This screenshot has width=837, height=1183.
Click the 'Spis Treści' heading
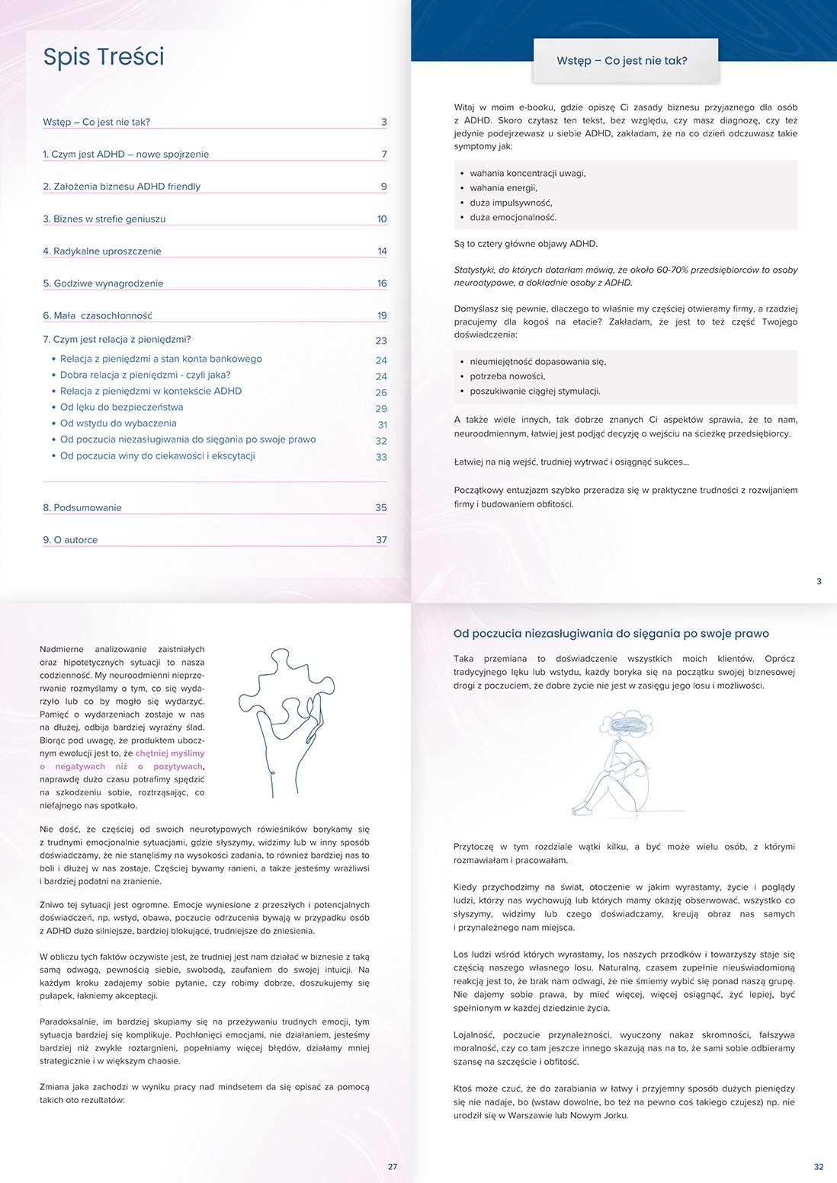point(104,57)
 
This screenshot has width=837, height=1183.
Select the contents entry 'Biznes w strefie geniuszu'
point(104,219)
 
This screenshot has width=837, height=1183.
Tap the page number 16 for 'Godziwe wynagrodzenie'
point(382,283)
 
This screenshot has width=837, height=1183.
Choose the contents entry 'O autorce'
point(70,540)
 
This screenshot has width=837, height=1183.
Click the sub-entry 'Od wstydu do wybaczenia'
point(118,424)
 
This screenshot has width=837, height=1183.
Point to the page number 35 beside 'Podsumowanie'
point(381,508)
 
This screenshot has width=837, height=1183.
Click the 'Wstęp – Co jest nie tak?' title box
point(622,61)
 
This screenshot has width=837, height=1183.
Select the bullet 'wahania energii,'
point(503,188)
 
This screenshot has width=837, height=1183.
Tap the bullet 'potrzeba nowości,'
point(507,376)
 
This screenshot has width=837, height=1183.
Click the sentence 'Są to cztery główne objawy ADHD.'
point(526,244)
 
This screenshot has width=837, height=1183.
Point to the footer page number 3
point(819,581)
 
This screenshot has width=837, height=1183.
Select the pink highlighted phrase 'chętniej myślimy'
point(170,753)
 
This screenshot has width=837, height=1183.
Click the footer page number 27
point(393,1166)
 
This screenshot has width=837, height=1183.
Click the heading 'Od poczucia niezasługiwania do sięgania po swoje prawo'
point(611,634)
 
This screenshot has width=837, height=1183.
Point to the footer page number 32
point(819,1166)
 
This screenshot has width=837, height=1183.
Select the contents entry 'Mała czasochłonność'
point(98,315)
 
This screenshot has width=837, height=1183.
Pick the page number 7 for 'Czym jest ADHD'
point(384,155)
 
